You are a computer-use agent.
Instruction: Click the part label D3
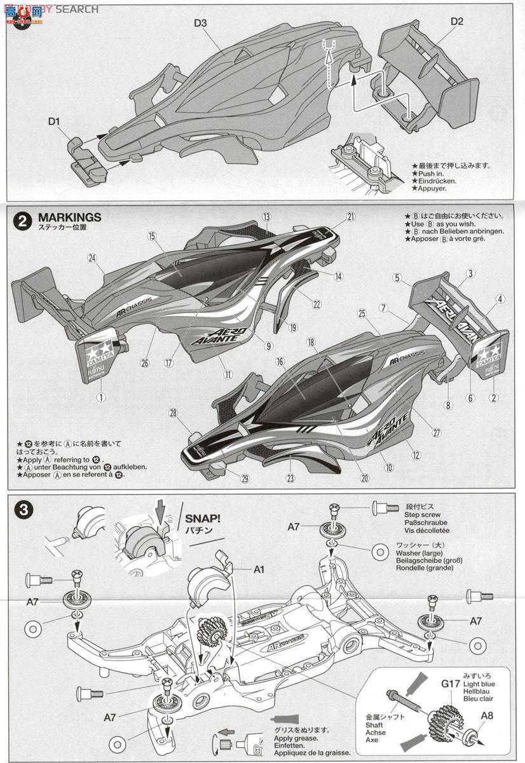pos(201,24)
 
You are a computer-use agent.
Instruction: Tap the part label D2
pos(457,21)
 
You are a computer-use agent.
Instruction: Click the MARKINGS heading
pos(69,217)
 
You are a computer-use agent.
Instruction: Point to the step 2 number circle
pos(22,221)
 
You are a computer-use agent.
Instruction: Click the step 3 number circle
pos(22,509)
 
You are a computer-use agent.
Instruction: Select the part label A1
pos(259,569)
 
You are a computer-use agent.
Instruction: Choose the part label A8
pos(487,714)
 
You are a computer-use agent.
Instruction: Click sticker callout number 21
pos(351,216)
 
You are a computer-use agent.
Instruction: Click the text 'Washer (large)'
pos(414,553)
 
